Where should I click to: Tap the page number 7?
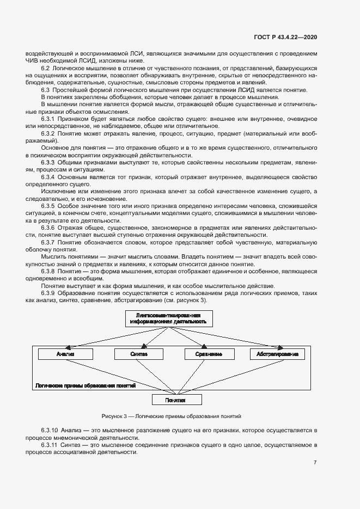315,462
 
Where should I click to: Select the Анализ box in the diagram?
65,354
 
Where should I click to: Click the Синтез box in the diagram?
139,354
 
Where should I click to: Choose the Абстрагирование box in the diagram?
277,354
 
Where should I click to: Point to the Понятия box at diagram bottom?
176,400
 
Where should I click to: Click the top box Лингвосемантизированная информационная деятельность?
168,318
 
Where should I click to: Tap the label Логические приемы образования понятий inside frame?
85,385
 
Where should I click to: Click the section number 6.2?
46,68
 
